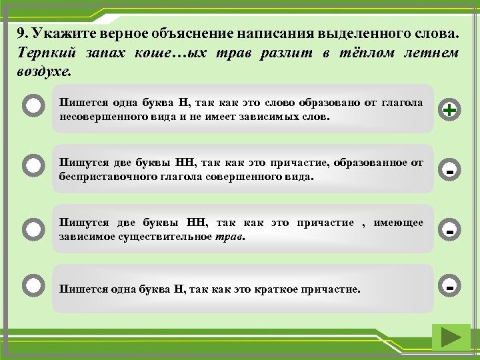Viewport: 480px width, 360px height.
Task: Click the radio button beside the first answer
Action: tap(33, 107)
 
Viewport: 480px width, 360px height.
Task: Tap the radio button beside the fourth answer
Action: tap(33, 286)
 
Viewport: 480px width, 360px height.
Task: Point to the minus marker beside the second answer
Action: tap(451, 171)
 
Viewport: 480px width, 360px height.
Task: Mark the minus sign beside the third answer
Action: tap(451, 231)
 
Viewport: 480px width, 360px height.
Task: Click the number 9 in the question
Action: tap(22, 33)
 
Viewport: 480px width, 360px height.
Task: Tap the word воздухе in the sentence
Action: tap(44, 70)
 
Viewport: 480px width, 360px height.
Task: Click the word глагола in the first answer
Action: tap(403, 102)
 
